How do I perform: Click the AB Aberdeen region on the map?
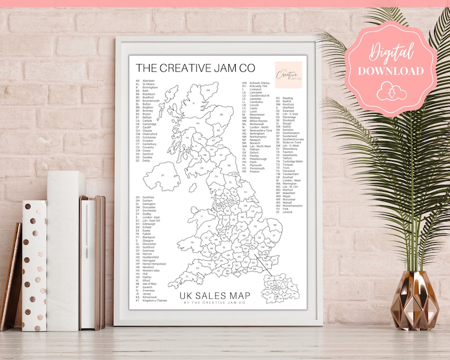[x=218, y=118]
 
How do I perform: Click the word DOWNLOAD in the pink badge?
[x=390, y=71]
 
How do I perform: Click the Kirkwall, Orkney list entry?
[x=257, y=83]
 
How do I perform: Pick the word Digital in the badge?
[x=390, y=52]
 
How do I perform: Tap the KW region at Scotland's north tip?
[x=208, y=90]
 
